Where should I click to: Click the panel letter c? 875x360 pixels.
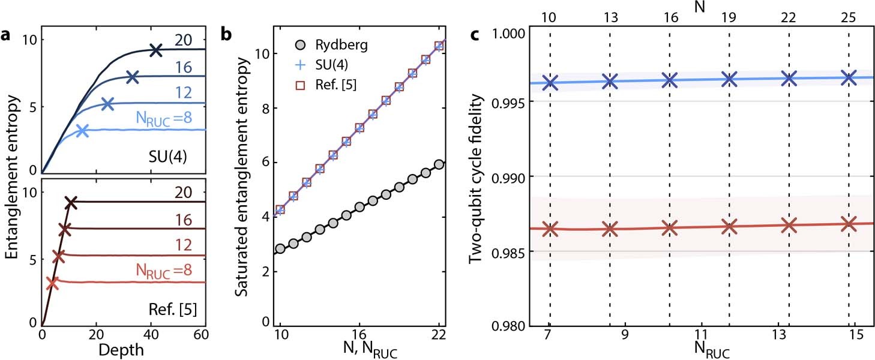tap(475, 35)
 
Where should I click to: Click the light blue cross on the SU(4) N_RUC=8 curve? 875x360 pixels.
tap(82, 130)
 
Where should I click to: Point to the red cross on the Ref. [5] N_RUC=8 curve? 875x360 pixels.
tap(52, 283)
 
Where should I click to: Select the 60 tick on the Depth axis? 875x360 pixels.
tap(205, 335)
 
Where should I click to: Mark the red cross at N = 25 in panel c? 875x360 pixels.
tap(849, 224)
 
